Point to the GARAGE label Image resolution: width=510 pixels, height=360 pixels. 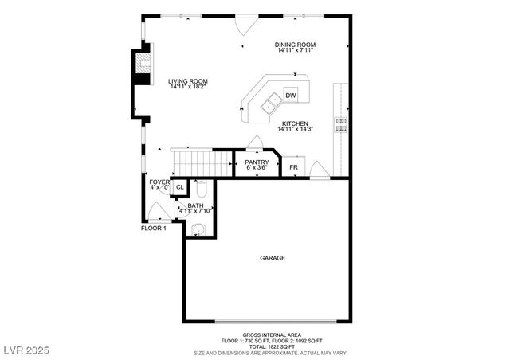pos(272,258)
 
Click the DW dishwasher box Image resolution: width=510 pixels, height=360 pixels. pos(291,96)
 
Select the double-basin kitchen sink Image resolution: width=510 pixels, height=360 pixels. pos(270,102)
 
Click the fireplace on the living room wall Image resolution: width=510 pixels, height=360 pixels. pos(141,68)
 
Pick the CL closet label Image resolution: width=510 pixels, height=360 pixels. pos(179,187)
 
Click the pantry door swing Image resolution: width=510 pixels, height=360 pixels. pos(255,143)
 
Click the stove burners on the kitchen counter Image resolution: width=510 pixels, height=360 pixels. pos(340,123)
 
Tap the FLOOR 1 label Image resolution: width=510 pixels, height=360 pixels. pos(153,229)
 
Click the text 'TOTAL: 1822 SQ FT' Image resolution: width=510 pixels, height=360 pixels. pos(272,346)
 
